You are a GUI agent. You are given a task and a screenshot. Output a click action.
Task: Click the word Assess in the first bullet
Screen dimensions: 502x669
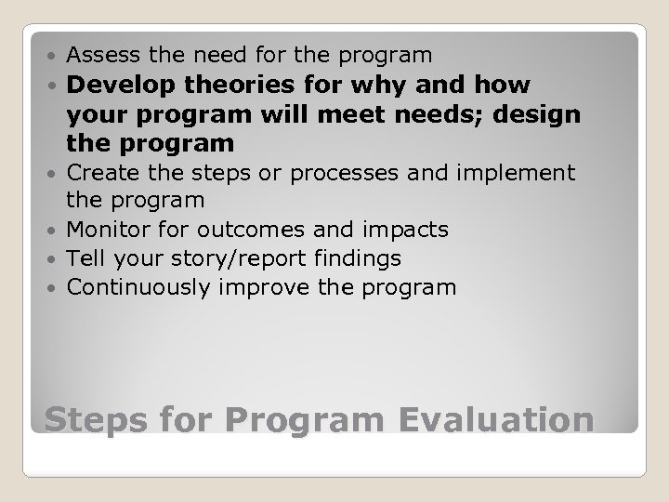click(99, 55)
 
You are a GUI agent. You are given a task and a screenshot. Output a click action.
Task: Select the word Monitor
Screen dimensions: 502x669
click(106, 230)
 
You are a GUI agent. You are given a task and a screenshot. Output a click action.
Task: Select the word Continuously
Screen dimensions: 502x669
click(139, 287)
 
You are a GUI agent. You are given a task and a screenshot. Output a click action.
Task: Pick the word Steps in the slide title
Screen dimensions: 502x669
click(91, 419)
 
